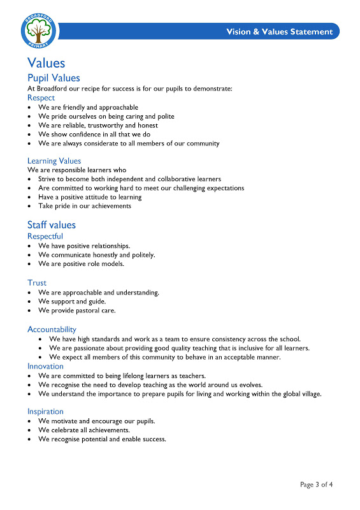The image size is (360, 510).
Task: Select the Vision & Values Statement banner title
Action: (279, 32)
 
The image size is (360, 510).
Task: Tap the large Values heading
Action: (46, 62)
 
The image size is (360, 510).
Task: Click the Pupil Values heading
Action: (54, 78)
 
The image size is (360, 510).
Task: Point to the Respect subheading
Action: (41, 98)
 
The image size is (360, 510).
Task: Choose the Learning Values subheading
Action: (54, 161)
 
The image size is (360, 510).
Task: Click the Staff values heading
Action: (51, 224)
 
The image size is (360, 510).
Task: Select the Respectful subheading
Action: (45, 236)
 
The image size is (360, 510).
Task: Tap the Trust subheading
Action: (37, 282)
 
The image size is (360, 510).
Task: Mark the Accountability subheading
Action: (52, 329)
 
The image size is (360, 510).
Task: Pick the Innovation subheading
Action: (45, 366)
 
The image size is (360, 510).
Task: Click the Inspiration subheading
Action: (45, 411)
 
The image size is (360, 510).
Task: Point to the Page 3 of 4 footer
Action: (316, 484)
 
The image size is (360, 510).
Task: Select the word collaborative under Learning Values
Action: (167, 179)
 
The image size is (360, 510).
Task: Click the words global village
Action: (298, 393)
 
